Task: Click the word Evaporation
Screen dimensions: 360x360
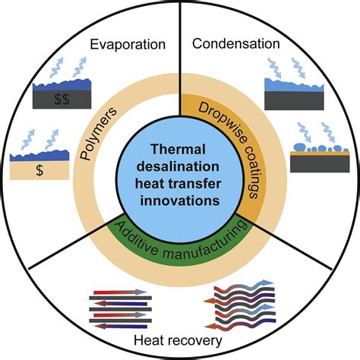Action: (x=127, y=44)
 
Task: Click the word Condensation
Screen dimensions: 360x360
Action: (x=236, y=44)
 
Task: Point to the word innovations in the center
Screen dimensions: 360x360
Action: (x=180, y=201)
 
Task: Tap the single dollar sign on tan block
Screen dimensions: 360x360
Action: (x=38, y=172)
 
